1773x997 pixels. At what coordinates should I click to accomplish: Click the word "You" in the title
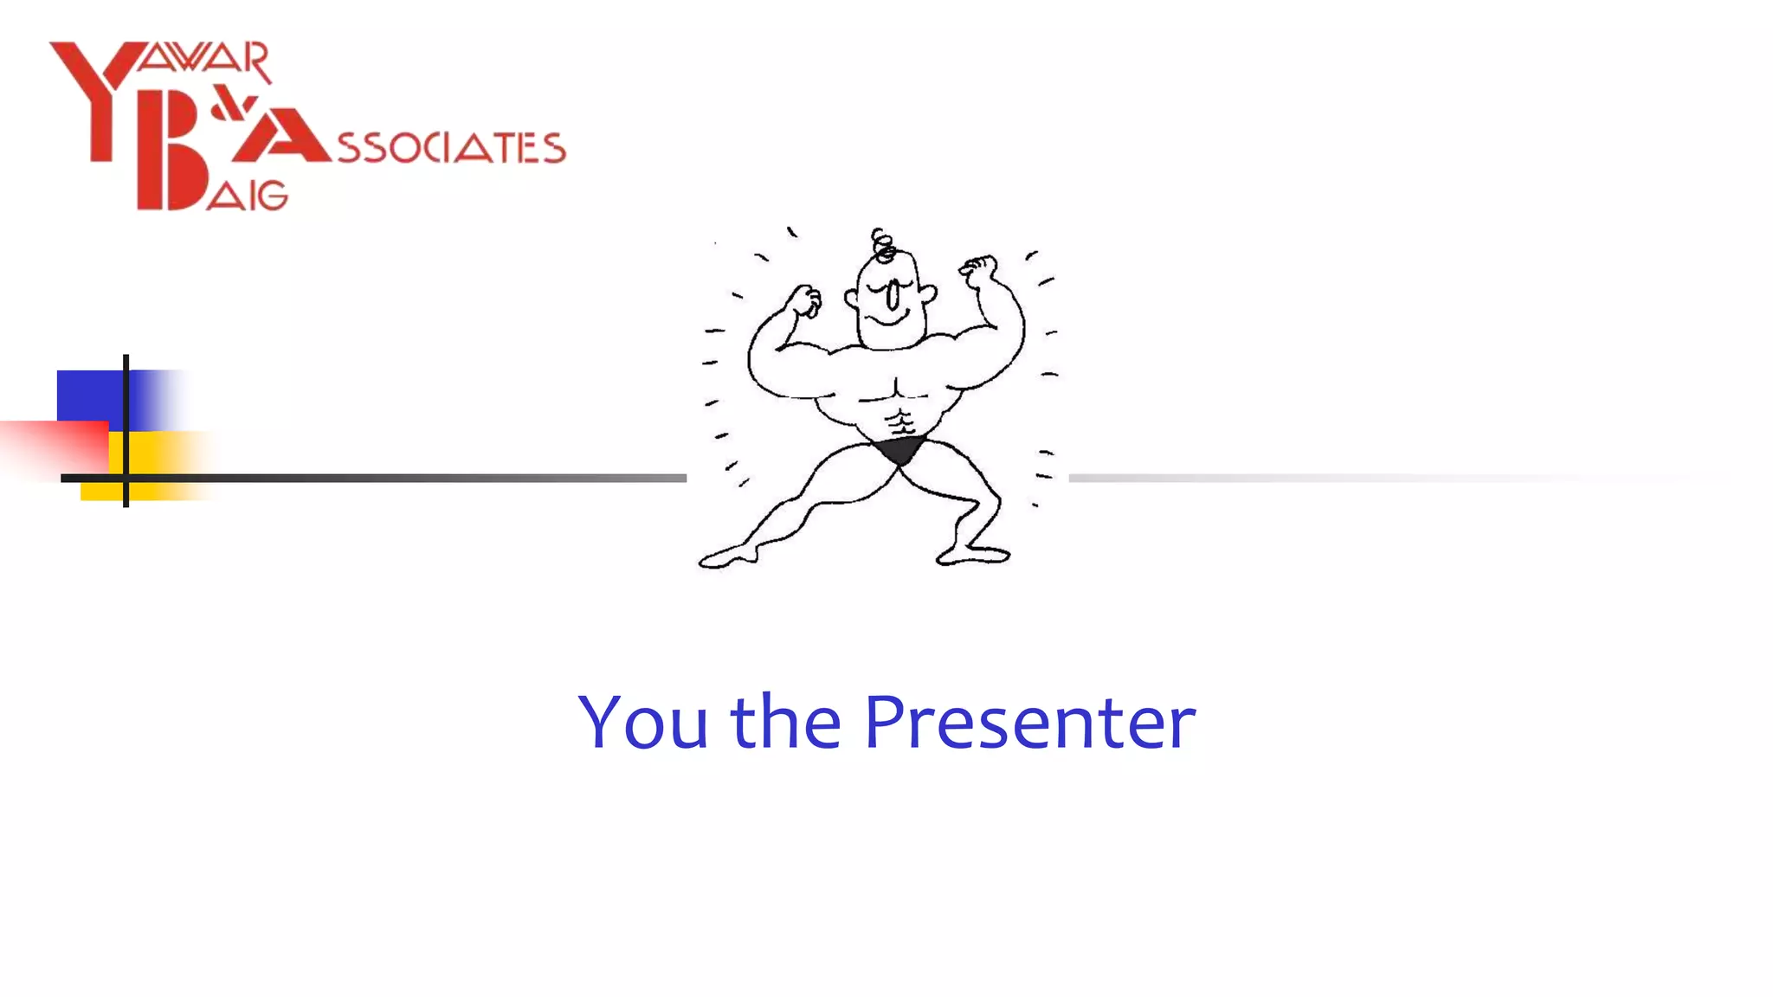(x=642, y=721)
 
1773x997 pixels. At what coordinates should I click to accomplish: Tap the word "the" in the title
(x=785, y=721)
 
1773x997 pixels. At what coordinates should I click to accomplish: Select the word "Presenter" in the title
(x=1029, y=721)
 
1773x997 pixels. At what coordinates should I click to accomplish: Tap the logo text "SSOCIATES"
(x=451, y=148)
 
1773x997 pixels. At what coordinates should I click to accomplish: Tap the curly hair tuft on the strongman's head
(x=882, y=245)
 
